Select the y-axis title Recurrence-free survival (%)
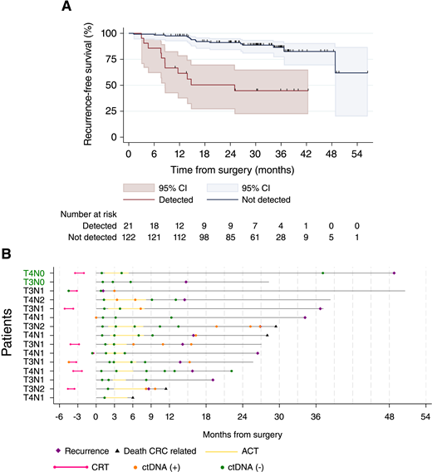(x=87, y=84)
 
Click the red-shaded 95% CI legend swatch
(x=140, y=188)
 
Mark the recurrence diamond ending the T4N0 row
(x=394, y=273)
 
